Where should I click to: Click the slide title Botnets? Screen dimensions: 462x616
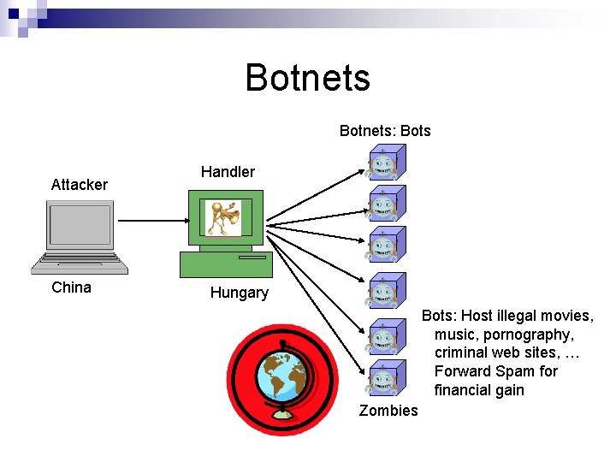[x=307, y=77]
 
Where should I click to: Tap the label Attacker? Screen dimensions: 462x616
[x=79, y=185]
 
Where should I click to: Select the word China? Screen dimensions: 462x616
[x=71, y=287]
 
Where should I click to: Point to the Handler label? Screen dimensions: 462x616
[x=228, y=172]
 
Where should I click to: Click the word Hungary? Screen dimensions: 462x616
[x=240, y=293]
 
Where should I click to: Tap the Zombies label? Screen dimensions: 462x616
[x=388, y=411]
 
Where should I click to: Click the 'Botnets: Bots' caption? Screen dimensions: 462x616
[x=385, y=131]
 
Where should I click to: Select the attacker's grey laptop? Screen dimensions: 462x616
[x=80, y=236]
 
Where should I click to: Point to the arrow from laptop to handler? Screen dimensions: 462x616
[x=151, y=220]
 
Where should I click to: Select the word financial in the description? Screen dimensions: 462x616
[x=465, y=390]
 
